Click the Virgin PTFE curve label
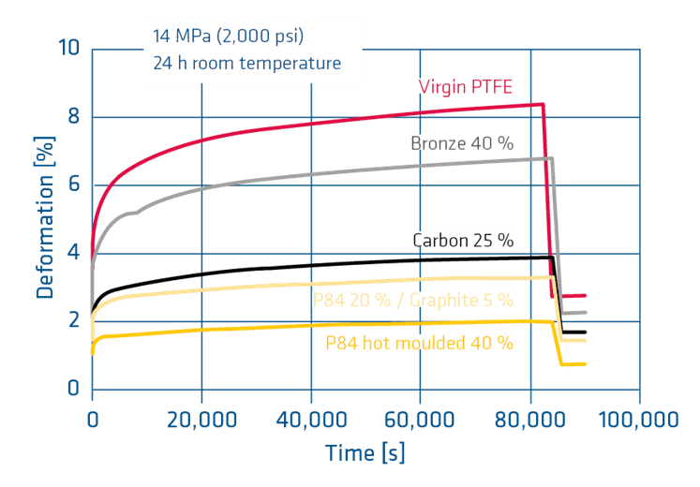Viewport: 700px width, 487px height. [x=467, y=86]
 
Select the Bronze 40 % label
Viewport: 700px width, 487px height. [x=464, y=142]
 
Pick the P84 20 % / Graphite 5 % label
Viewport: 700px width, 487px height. [x=413, y=300]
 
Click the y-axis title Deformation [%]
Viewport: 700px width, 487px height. [x=45, y=217]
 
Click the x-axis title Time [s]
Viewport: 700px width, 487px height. [x=365, y=454]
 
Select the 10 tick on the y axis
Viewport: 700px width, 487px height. [x=68, y=49]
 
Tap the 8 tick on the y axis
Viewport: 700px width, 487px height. [x=74, y=117]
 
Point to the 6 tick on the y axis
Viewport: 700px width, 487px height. [x=74, y=185]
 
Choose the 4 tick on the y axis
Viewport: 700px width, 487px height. [x=74, y=253]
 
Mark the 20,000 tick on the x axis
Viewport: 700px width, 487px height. [x=201, y=417]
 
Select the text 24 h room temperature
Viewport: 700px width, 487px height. [x=246, y=64]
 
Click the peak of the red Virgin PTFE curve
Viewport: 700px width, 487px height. [x=542, y=104]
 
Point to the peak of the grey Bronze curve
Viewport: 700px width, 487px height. [x=550, y=158]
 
